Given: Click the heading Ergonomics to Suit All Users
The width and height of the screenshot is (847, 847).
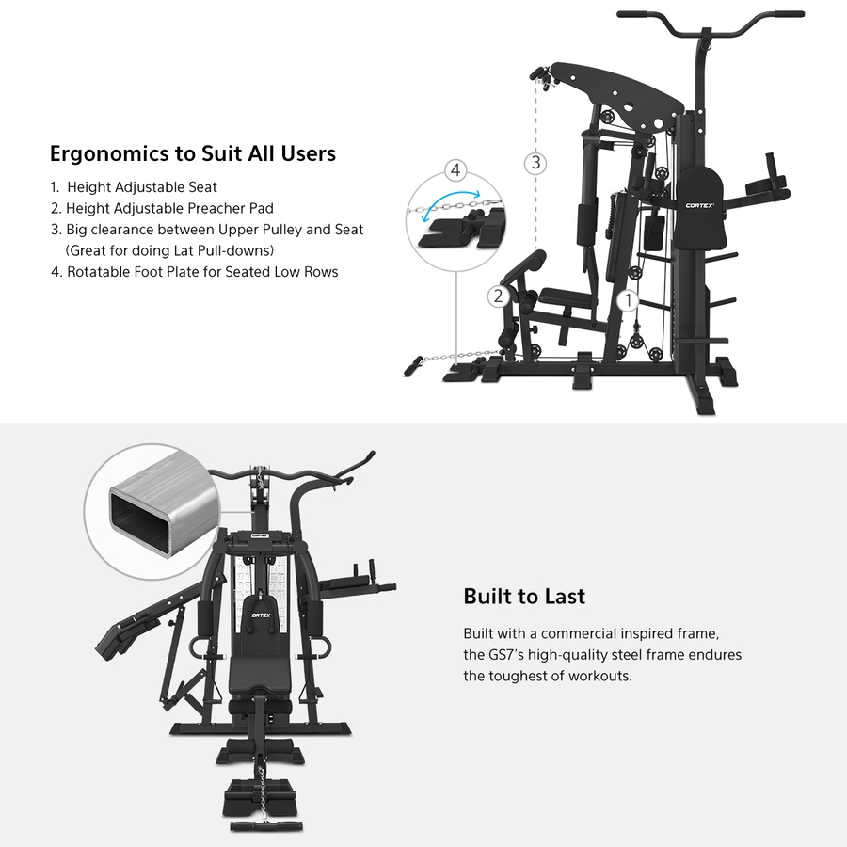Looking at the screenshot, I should pos(192,153).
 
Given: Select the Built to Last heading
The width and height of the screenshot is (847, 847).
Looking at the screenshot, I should pos(523,597).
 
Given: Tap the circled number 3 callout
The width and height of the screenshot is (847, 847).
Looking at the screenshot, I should pos(535,163).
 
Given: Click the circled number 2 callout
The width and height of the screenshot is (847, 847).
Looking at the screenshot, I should pos(498,296).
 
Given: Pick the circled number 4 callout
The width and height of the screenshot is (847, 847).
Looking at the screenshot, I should pos(455,170).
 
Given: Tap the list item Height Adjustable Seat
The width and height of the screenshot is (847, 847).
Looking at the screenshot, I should pos(141,187).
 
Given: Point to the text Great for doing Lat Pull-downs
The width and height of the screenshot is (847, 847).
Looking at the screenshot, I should pos(169,250).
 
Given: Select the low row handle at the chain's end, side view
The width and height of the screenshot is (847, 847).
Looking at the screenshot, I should pos(414,363).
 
